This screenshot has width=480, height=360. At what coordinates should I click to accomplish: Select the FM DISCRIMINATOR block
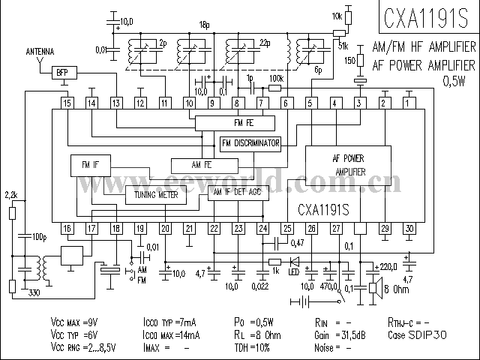[251, 143]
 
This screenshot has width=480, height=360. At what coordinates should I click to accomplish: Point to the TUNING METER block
[156, 195]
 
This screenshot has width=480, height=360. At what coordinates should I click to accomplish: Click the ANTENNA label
[40, 52]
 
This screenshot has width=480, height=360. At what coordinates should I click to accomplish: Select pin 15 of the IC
[67, 102]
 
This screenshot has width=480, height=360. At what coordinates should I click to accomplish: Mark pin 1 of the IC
[409, 102]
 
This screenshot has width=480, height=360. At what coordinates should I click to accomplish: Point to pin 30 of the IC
[409, 228]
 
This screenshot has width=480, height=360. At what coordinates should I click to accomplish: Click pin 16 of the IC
[67, 228]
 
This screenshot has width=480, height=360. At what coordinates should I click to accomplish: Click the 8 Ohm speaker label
[396, 288]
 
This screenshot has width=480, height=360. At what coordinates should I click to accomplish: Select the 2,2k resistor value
[11, 196]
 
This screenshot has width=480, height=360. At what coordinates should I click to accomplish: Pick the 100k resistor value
[275, 77]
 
